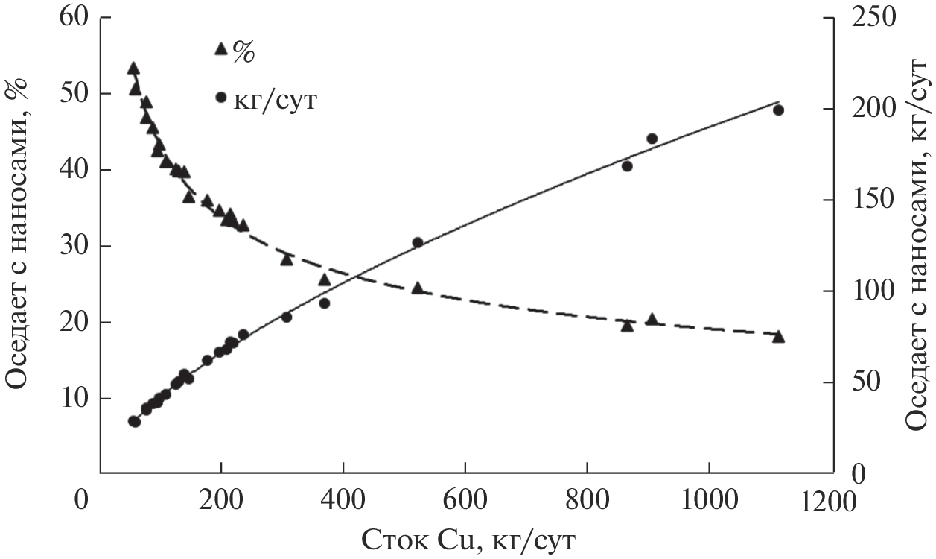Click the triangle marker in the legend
point(220,49)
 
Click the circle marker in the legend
point(220,98)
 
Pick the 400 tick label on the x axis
point(343,501)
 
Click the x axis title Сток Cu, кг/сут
point(469,538)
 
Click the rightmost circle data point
point(778,110)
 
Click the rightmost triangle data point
point(778,337)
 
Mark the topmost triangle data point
point(133,69)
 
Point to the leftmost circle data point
point(134,421)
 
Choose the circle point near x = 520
point(418,242)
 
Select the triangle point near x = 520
point(418,288)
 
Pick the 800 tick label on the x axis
point(588,501)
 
